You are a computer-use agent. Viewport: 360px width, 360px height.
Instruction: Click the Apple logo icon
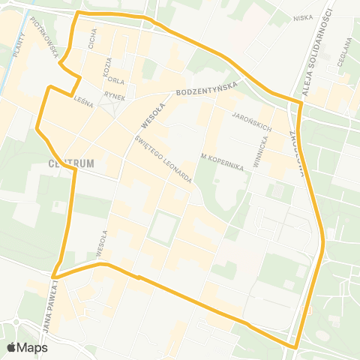tap(12, 347)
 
